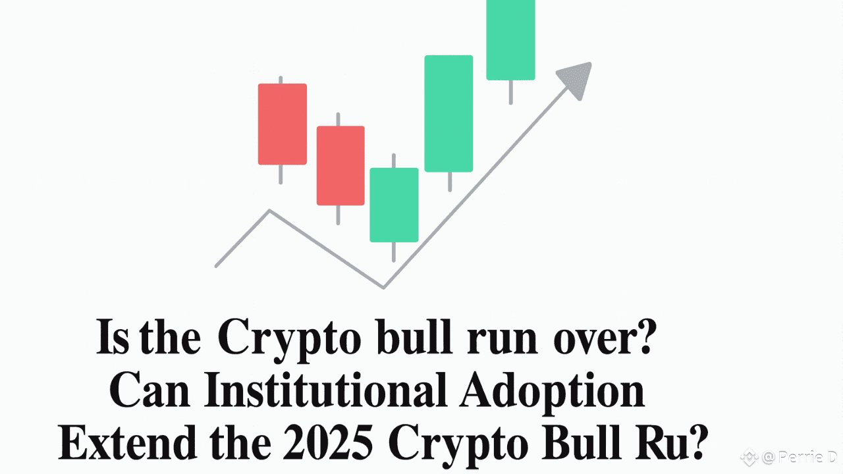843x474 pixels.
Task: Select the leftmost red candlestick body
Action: point(282,124)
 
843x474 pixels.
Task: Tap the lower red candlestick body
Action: point(340,165)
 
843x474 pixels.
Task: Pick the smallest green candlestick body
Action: point(394,205)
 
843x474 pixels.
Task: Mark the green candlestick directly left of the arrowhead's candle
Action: point(449,113)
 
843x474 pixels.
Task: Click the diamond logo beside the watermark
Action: point(748,456)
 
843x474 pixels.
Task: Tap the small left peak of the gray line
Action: point(269,211)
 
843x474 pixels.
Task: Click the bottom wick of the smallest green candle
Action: point(394,251)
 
